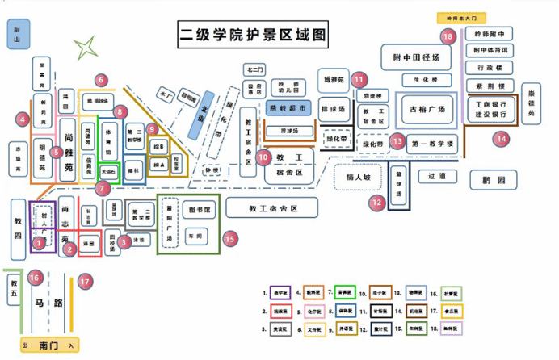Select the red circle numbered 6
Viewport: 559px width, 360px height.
[101, 80]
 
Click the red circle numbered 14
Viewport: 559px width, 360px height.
[502, 138]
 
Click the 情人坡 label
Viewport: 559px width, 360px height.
[357, 176]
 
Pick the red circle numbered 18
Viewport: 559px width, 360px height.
[448, 36]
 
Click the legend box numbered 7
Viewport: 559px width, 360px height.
[344, 291]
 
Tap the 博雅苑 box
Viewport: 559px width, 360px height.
[334, 80]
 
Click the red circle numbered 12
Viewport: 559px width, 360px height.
[376, 203]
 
